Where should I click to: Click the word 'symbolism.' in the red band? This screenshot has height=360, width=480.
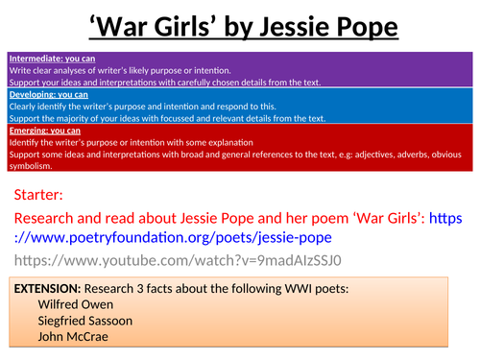pos(32,166)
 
